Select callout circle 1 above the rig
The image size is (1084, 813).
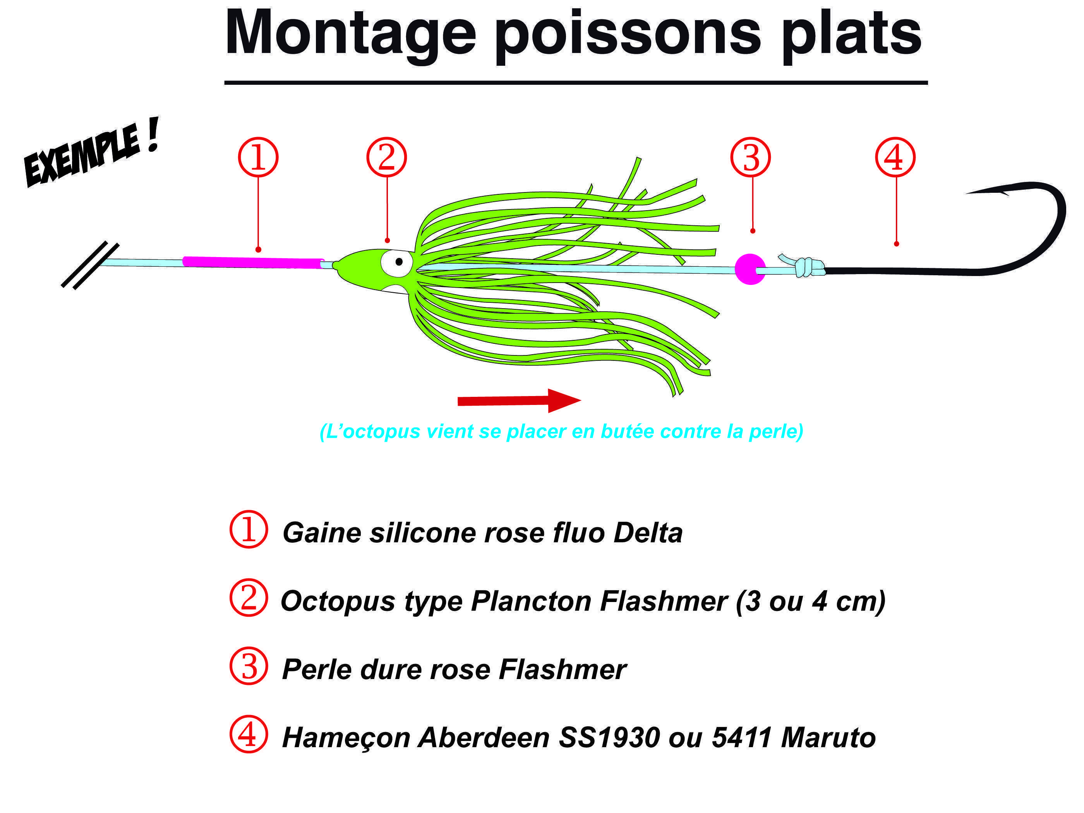(x=258, y=157)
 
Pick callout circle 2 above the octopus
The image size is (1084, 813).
(x=387, y=157)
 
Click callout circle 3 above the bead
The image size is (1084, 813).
(x=750, y=157)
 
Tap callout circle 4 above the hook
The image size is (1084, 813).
(x=895, y=157)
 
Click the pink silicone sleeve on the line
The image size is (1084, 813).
(x=253, y=262)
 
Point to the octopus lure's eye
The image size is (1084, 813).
(x=398, y=262)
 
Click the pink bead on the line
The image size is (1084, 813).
(x=750, y=269)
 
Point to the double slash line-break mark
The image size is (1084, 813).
(x=90, y=265)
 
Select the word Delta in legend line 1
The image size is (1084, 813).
(x=647, y=533)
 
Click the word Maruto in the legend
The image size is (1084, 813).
(x=828, y=738)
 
